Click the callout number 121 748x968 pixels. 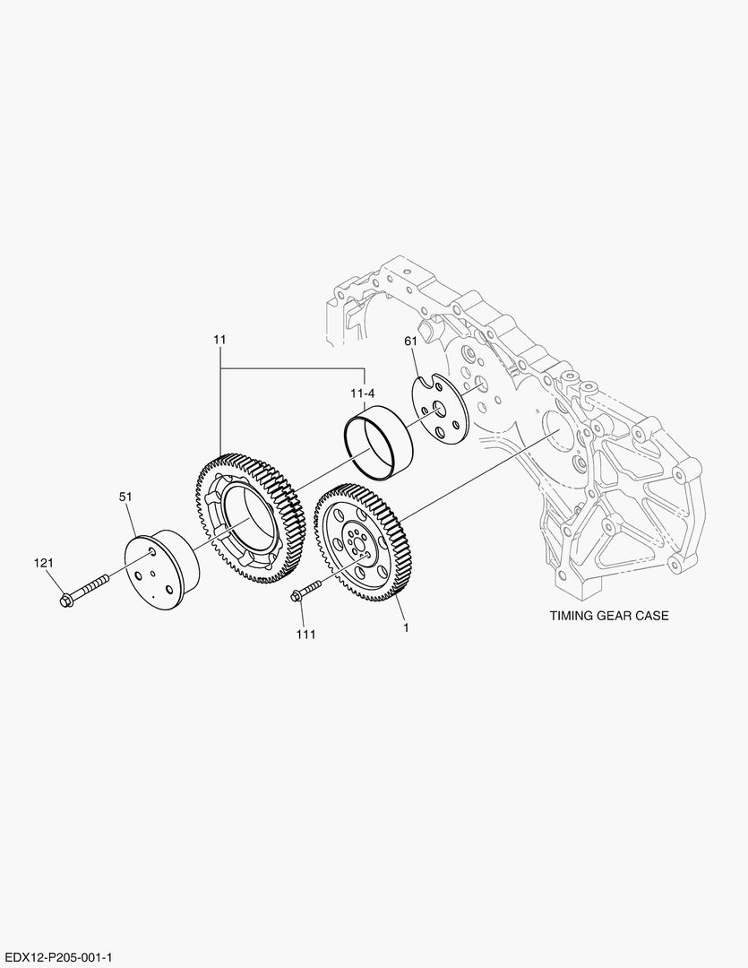(44, 563)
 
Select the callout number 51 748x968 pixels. (125, 495)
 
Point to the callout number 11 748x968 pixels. (219, 340)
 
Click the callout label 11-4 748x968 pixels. (362, 393)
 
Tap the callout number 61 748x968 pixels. (411, 341)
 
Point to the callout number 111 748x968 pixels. (306, 634)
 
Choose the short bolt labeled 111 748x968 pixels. (305, 591)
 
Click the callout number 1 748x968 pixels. (406, 627)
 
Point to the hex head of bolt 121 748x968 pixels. (64, 599)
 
